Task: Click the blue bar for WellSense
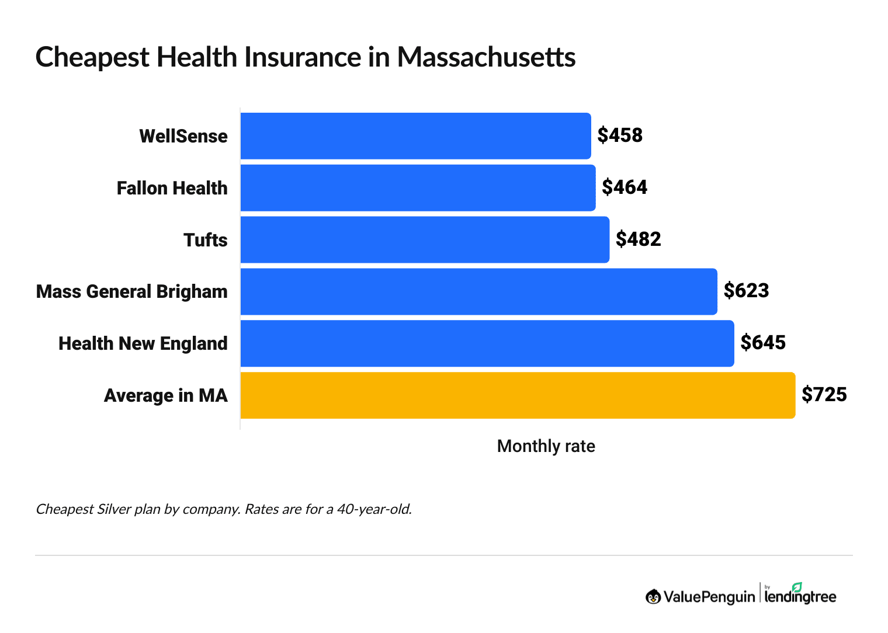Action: [x=415, y=136]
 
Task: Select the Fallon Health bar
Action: [x=418, y=188]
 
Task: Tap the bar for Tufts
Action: [x=425, y=239]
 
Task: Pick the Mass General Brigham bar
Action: [x=478, y=291]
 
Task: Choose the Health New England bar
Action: [x=487, y=343]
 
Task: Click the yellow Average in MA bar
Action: [x=518, y=395]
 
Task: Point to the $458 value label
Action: [x=620, y=135]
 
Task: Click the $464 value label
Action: [x=625, y=187]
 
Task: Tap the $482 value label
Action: [x=639, y=239]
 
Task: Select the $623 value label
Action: [x=746, y=290]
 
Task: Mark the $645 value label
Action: [x=763, y=342]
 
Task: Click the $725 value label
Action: [x=824, y=394]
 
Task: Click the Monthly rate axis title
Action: [x=546, y=446]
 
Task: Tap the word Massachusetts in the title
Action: [x=486, y=57]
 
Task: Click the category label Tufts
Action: [x=205, y=240]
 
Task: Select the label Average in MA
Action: [x=165, y=396]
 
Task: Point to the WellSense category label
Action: [x=183, y=137]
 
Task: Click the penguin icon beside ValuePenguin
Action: [x=653, y=596]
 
